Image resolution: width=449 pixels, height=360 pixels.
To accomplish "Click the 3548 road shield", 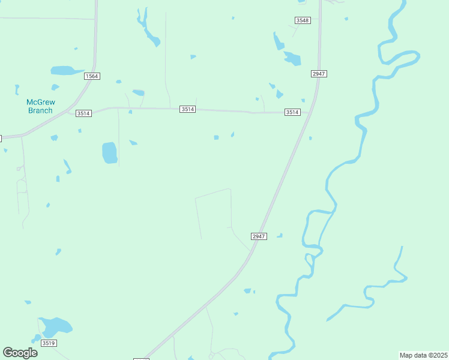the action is [303, 20].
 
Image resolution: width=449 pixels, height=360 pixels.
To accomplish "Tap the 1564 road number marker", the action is [92, 76].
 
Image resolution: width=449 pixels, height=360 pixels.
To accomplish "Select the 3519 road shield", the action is [49, 343].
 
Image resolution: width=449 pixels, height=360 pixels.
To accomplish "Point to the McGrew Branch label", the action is [40, 106].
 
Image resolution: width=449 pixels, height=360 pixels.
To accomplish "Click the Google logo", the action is [20, 353].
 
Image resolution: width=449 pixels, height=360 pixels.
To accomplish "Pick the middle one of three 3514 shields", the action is [188, 109].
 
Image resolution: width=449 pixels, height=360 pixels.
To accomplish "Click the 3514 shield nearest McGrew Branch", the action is [83, 113].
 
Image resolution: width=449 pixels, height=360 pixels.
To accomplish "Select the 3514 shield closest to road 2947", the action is [292, 112].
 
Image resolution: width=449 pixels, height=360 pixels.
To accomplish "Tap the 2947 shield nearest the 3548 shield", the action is [319, 73].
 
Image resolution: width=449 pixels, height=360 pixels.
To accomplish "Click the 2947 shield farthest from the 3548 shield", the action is [258, 236].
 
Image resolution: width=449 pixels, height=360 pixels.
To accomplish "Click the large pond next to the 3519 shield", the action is [55, 327].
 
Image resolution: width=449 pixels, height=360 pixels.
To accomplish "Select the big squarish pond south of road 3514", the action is [109, 152].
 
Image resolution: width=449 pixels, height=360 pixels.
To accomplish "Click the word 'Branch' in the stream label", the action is [40, 110].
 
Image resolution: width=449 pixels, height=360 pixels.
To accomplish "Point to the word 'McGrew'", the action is [40, 102].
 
